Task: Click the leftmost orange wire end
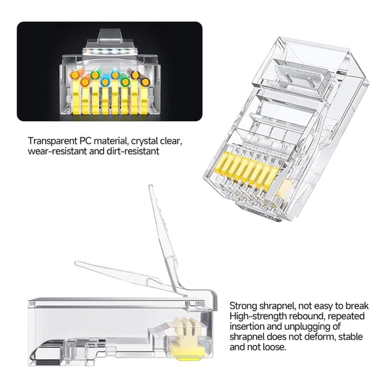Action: (85, 81)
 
